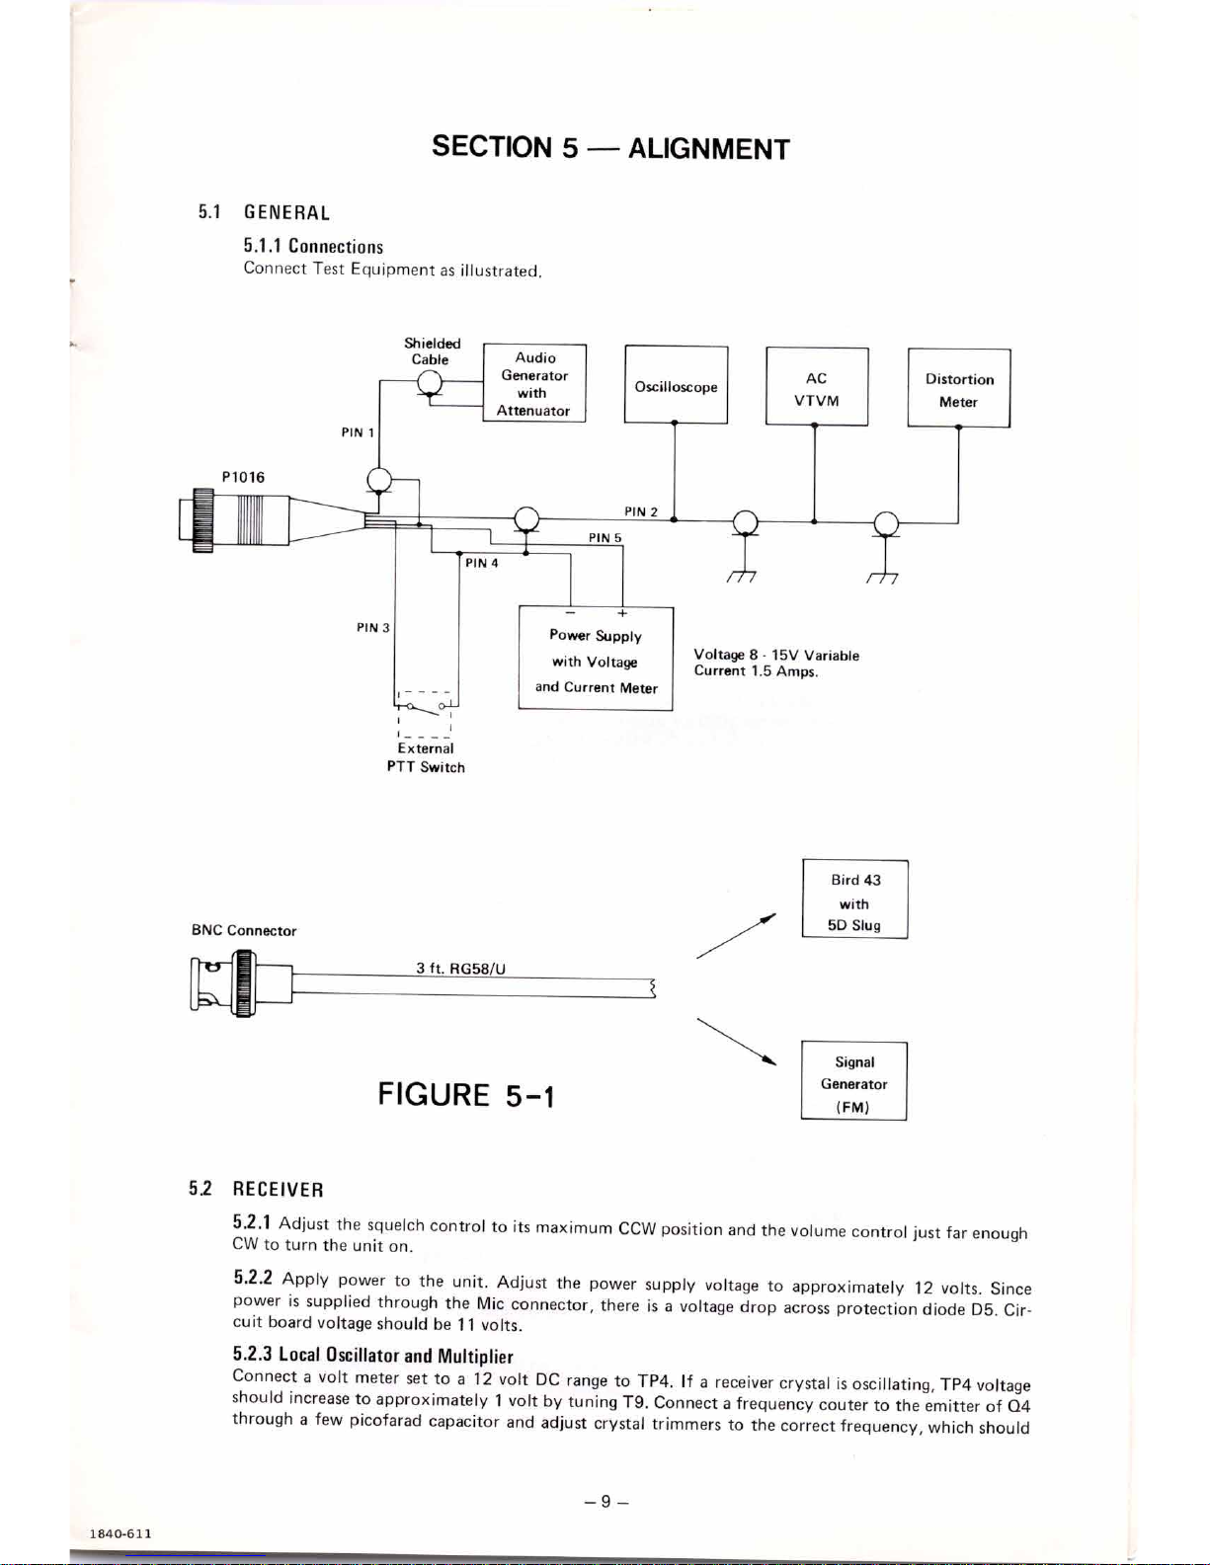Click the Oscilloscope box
pos(676,385)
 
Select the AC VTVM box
pos(817,387)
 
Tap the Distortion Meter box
pos(959,388)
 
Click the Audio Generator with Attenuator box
pos(533,383)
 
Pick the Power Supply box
pos(596,659)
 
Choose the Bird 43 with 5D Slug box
pos(855,899)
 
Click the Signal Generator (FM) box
pos(854,1081)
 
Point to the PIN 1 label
pos(358,432)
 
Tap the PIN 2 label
pos(641,512)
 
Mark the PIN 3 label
pos(373,627)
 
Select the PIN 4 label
pos(482,563)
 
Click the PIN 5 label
pos(605,537)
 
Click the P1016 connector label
pos(243,477)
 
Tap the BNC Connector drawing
pos(241,983)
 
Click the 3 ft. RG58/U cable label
pos(461,969)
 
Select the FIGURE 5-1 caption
pos(466,1095)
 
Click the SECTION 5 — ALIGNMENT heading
pos(610,148)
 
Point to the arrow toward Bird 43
pos(736,936)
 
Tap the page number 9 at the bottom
pos(606,1501)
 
